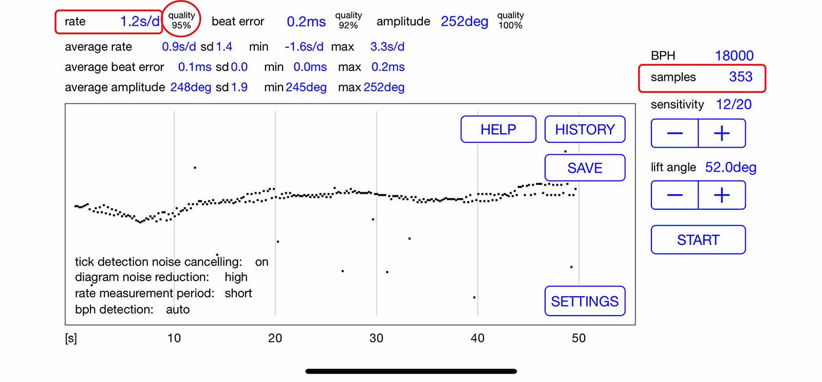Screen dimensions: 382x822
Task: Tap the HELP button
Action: pyautogui.click(x=498, y=130)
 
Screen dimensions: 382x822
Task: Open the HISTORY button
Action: pyautogui.click(x=585, y=130)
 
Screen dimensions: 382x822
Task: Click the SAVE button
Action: pyautogui.click(x=585, y=168)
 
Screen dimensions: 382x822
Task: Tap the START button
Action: pyautogui.click(x=698, y=240)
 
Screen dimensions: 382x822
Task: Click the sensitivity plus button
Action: pyautogui.click(x=722, y=134)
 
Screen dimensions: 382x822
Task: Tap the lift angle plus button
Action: pyautogui.click(x=722, y=195)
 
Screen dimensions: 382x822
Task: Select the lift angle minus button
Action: pyautogui.click(x=675, y=195)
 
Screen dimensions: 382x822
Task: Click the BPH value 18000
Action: pyautogui.click(x=734, y=56)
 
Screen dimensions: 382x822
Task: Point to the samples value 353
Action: pyautogui.click(x=740, y=77)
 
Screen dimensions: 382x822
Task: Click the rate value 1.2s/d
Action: pyautogui.click(x=140, y=22)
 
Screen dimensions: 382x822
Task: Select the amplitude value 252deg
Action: pyautogui.click(x=464, y=22)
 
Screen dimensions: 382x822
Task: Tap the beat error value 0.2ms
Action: pyautogui.click(x=306, y=22)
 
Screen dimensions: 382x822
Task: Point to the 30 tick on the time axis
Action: pyautogui.click(x=376, y=338)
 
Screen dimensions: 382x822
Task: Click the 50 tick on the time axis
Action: pyautogui.click(x=578, y=338)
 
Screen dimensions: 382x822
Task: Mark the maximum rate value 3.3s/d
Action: pyautogui.click(x=387, y=47)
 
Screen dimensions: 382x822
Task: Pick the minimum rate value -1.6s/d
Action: pyautogui.click(x=304, y=47)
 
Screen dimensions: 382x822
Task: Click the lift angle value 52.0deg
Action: pyautogui.click(x=731, y=168)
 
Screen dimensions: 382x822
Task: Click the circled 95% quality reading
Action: pyautogui.click(x=181, y=21)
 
